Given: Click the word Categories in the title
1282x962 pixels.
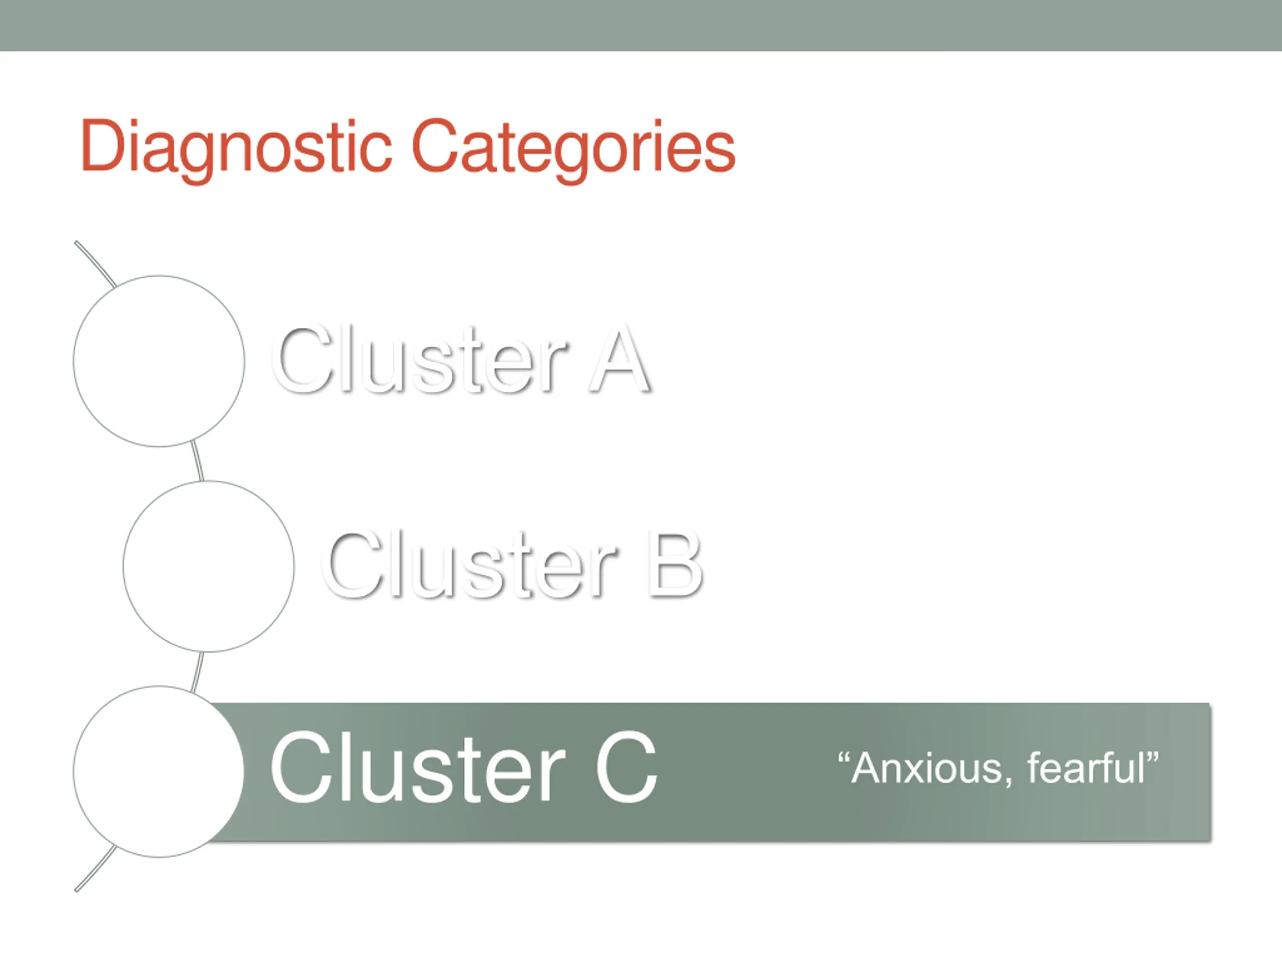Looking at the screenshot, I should (573, 146).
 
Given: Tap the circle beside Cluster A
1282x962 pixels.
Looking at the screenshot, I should (159, 361).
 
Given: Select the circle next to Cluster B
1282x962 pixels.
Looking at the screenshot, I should (209, 567).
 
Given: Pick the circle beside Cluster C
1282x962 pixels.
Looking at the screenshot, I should (159, 771).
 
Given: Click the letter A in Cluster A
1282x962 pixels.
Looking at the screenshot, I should (619, 360).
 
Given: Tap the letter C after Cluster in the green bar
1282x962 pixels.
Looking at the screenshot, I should (626, 768).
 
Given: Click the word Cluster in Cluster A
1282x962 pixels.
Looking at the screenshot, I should (420, 360).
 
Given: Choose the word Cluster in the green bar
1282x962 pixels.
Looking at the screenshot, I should (417, 768).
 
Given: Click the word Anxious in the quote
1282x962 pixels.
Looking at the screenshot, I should (927, 768).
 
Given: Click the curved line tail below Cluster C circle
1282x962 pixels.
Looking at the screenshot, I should (95, 869).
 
